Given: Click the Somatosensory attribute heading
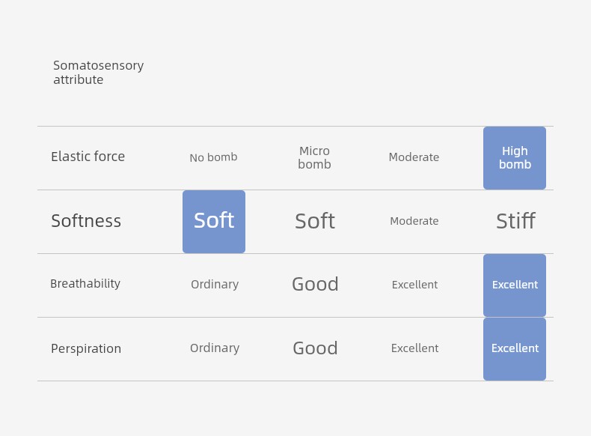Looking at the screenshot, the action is click(x=98, y=73).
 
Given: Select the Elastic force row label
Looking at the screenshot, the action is click(x=88, y=157).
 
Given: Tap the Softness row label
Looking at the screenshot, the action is click(x=86, y=221).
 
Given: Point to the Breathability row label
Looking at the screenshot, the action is click(x=85, y=283).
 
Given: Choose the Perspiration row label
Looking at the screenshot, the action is click(x=86, y=348).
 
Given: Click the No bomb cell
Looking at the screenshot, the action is click(x=213, y=157).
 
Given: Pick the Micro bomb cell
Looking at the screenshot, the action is click(x=314, y=157).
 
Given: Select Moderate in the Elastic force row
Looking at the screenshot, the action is click(x=414, y=157).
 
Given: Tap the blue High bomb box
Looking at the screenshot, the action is click(x=515, y=158).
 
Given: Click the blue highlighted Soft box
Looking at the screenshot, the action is click(x=214, y=222).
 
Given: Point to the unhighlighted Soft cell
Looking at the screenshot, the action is click(x=315, y=221).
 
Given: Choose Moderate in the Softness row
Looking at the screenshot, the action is click(x=414, y=221).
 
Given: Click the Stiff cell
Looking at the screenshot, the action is click(x=515, y=221).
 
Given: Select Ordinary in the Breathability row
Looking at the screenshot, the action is click(x=215, y=284).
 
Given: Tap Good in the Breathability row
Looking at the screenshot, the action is click(x=315, y=284).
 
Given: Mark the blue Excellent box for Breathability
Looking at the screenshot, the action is click(x=515, y=285).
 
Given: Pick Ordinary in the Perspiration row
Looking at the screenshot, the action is click(x=215, y=348).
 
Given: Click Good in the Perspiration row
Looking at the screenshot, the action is click(x=315, y=348).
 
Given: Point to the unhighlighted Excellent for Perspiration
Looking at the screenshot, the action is click(x=414, y=348).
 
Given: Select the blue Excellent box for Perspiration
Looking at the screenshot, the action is click(x=515, y=349).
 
